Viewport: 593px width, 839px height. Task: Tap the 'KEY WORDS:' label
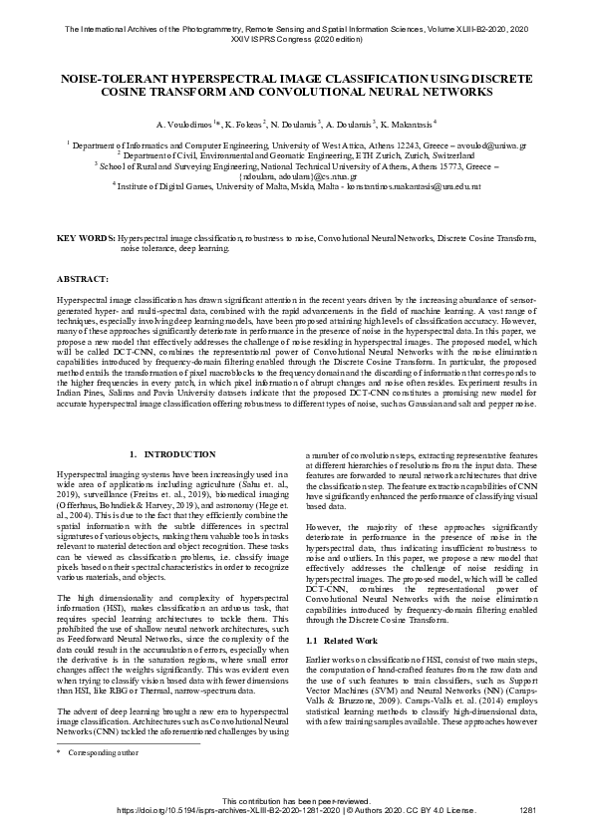click(x=86, y=239)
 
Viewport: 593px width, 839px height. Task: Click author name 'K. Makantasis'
click(x=409, y=128)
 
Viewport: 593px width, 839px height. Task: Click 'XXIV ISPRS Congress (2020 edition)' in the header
click(x=296, y=41)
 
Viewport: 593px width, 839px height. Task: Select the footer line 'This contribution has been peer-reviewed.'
click(x=296, y=800)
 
